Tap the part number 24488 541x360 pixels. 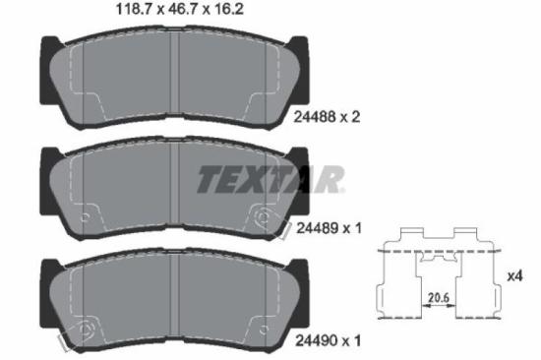point(315,117)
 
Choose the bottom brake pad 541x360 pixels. point(170,302)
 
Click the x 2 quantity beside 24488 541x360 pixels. point(351,117)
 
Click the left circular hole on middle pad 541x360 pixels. point(85,217)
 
